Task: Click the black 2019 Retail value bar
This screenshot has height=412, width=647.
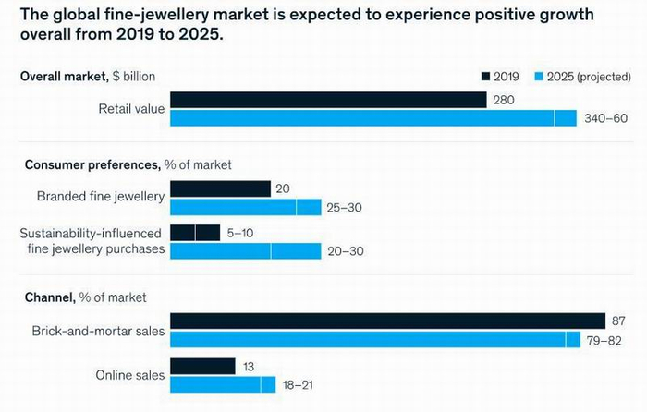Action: tap(328, 100)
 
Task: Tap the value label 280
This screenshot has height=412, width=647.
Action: tap(504, 100)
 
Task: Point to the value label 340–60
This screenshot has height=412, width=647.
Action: tap(605, 118)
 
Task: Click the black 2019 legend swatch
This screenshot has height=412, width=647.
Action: tap(486, 77)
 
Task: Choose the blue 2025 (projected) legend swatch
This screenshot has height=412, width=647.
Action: tap(539, 77)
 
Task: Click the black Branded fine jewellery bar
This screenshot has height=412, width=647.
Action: tap(221, 188)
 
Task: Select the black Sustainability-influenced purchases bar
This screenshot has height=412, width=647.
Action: tap(195, 233)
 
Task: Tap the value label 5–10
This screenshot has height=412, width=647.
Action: tap(240, 233)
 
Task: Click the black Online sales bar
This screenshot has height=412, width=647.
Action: tap(202, 367)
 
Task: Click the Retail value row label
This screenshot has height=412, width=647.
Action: tap(131, 109)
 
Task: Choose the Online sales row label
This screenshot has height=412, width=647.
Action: tap(130, 375)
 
